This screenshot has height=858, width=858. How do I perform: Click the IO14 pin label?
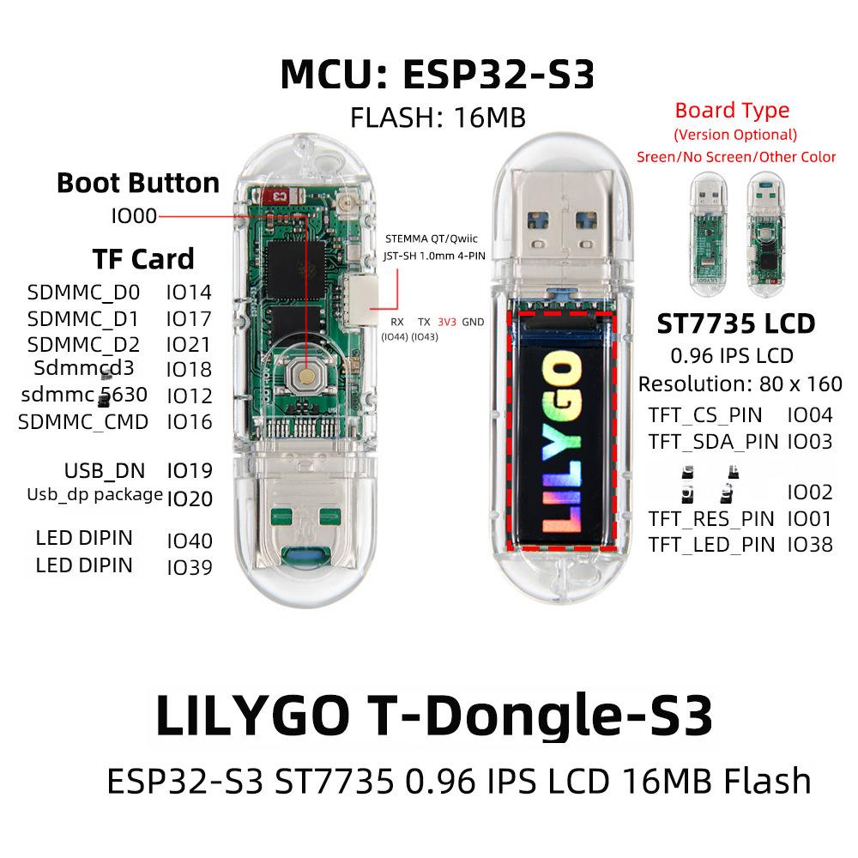click(x=188, y=291)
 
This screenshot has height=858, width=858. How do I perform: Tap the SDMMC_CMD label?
click(x=83, y=421)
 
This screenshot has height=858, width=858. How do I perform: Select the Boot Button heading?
click(x=137, y=183)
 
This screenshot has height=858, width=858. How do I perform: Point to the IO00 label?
click(x=134, y=216)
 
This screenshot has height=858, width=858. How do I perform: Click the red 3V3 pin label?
click(x=446, y=322)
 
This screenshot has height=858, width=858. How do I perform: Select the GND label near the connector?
click(x=473, y=322)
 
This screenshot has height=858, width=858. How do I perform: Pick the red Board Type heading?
click(x=732, y=111)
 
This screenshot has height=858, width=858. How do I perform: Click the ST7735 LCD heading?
click(x=735, y=323)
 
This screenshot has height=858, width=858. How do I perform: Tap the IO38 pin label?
click(x=810, y=544)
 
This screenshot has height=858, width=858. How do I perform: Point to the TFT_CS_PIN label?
click(x=705, y=415)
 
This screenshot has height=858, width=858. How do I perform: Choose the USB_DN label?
click(x=105, y=470)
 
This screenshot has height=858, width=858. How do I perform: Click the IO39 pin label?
click(x=189, y=566)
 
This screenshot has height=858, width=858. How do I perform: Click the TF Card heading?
click(x=142, y=258)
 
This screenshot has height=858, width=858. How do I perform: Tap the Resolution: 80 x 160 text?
click(x=740, y=384)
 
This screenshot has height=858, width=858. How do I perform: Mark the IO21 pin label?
click(x=188, y=344)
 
